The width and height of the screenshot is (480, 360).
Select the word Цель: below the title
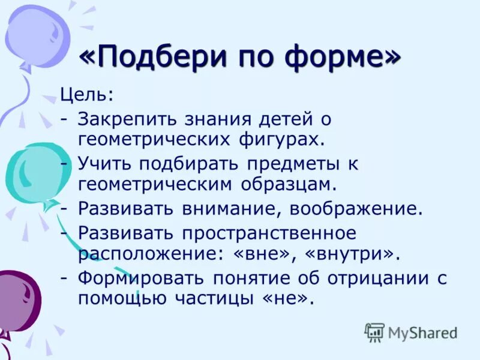tap(86, 94)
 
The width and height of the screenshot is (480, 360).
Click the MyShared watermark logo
tap(410, 332)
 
